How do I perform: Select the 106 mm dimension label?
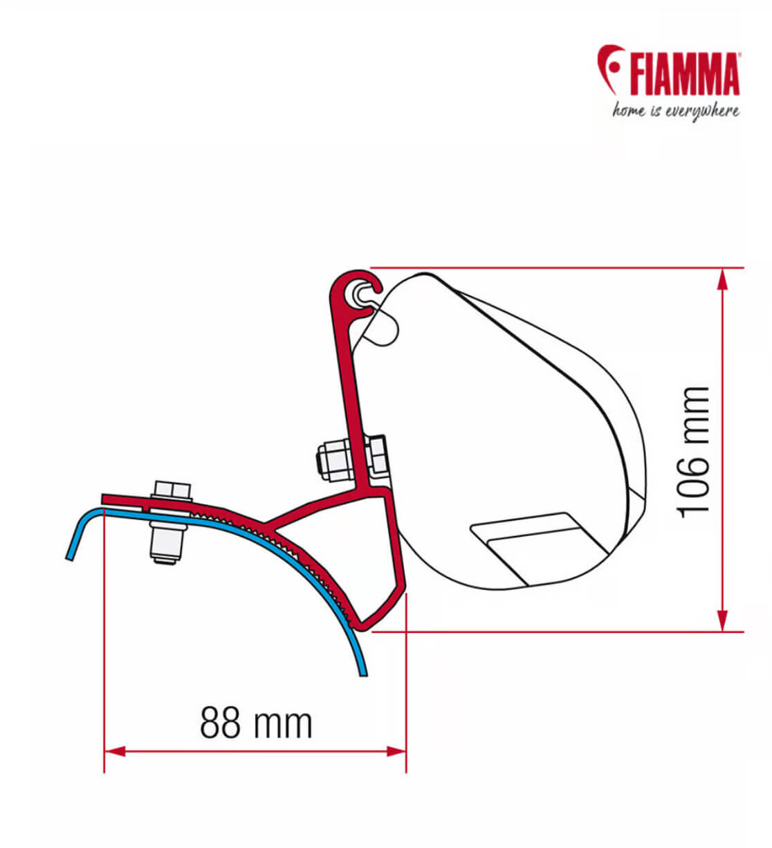pos(694,450)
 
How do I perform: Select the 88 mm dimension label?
pos(256,723)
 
